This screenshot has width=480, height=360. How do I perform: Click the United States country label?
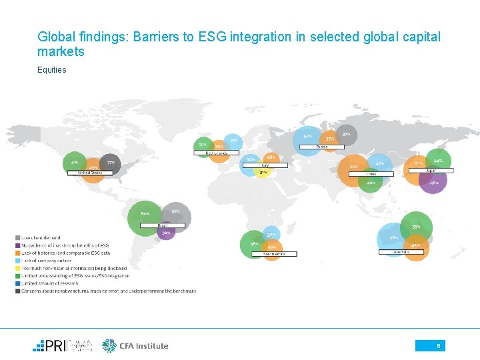(x=90, y=173)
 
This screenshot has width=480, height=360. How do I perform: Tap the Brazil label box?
(x=162, y=225)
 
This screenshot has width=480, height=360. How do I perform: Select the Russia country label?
(x=322, y=147)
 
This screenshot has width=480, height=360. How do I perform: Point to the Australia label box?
(x=401, y=252)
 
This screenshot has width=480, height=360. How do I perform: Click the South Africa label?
(x=274, y=254)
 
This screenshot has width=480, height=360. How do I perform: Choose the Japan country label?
(x=431, y=170)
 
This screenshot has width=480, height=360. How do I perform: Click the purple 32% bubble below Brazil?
(x=166, y=233)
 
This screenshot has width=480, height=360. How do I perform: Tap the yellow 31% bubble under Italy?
(x=263, y=173)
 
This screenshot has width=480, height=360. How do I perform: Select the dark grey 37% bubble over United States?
(x=110, y=163)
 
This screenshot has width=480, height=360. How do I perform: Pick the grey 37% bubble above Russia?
(x=346, y=135)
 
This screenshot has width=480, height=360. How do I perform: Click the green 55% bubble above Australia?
(x=416, y=227)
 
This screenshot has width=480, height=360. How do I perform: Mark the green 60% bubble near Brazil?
(x=145, y=214)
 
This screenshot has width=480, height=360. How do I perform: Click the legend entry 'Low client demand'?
(x=41, y=238)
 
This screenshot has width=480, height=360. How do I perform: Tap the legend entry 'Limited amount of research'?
(x=49, y=283)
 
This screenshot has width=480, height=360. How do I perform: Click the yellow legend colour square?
(x=18, y=268)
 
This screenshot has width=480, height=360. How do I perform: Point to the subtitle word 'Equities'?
(x=52, y=69)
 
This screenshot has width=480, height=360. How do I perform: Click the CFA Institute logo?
(x=135, y=345)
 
